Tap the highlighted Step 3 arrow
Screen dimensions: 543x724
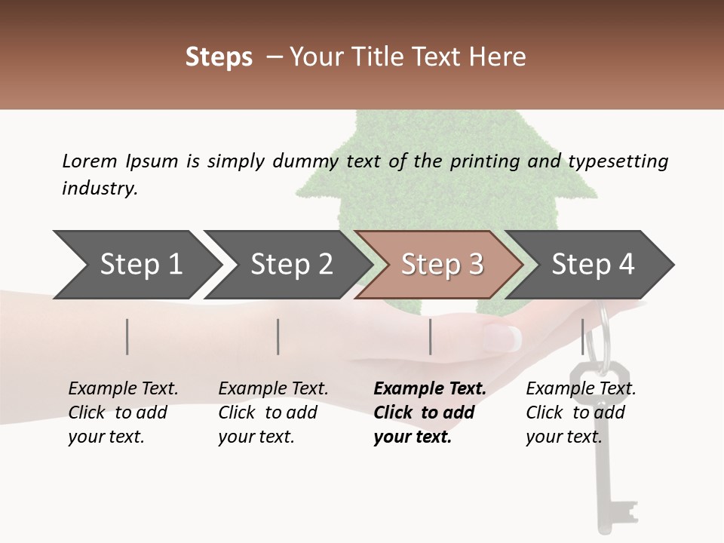[442, 265]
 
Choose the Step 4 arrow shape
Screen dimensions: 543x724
[593, 265]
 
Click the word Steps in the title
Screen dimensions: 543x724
[219, 57]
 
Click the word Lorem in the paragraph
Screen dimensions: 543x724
[89, 161]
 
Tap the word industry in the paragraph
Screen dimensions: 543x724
[99, 189]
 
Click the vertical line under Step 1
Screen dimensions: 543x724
[127, 336]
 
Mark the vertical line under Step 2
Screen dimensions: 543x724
[278, 336]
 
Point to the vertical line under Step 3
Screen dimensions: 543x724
[430, 336]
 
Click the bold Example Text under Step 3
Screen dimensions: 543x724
[430, 389]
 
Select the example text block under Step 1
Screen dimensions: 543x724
[123, 413]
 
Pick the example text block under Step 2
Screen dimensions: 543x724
[273, 413]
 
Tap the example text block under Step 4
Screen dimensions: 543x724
[581, 413]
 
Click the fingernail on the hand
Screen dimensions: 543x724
[505, 336]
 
